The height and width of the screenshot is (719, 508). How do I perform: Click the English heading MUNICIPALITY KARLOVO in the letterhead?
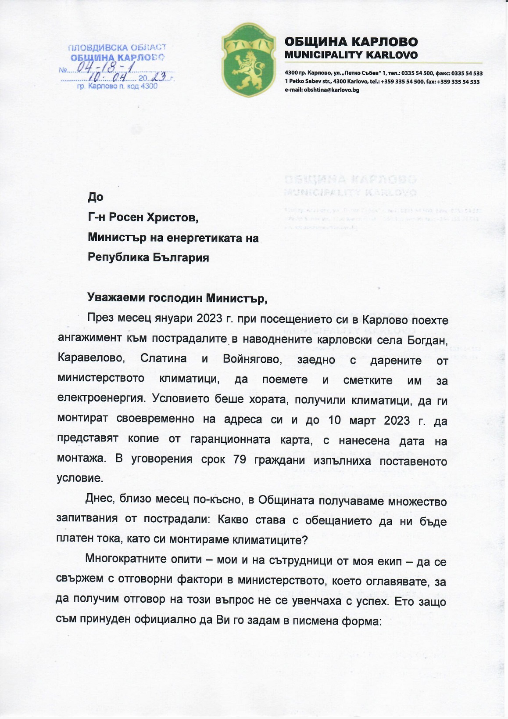[x=351, y=55]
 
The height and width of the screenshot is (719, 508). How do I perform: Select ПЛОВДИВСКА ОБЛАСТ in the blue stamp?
[x=117, y=47]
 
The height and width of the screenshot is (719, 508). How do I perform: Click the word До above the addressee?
[x=96, y=197]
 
